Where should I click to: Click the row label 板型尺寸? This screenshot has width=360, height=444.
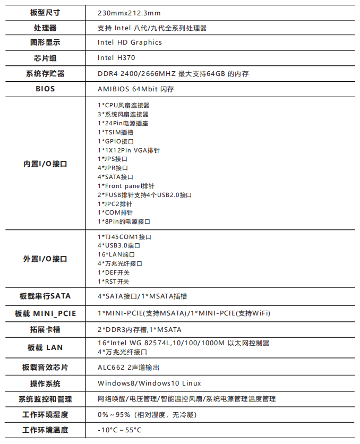pyautogui.click(x=45, y=12)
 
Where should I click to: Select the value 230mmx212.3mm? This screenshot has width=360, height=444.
pyautogui.click(x=129, y=12)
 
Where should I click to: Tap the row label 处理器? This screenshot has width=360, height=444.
pyautogui.click(x=45, y=28)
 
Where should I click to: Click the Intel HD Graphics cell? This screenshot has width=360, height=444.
pyautogui.click(x=130, y=42)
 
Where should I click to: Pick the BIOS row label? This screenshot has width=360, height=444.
pyautogui.click(x=45, y=89)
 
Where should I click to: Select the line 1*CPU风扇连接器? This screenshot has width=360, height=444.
pyautogui.click(x=123, y=105)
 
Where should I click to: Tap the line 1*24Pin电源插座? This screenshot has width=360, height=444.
pyautogui.click(x=123, y=123)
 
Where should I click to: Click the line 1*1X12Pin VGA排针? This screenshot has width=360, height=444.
pyautogui.click(x=128, y=150)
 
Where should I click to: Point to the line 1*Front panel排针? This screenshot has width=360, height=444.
pyautogui.click(x=126, y=186)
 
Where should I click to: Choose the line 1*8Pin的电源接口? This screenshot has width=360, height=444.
pyautogui.click(x=124, y=221)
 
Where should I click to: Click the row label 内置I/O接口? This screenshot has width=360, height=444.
pyautogui.click(x=45, y=164)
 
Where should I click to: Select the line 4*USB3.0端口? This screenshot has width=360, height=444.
pyautogui.click(x=119, y=245)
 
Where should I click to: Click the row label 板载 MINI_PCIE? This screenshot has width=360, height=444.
pyautogui.click(x=45, y=313)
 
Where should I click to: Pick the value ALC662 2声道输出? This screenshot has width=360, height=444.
pyautogui.click(x=128, y=368)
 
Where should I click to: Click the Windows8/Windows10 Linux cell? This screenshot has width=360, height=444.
pyautogui.click(x=149, y=383)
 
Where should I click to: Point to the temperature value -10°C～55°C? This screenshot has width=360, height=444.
pyautogui.click(x=119, y=430)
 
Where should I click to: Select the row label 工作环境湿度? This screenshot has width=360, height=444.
pyautogui.click(x=45, y=414)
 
